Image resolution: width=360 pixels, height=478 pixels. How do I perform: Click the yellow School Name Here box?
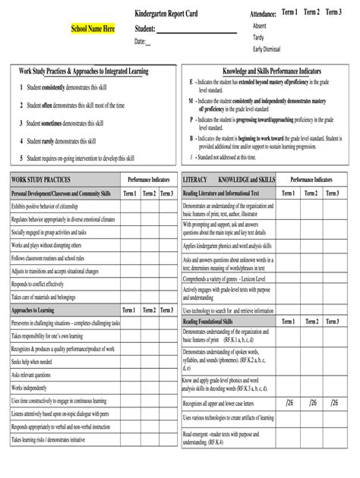coord(93,29)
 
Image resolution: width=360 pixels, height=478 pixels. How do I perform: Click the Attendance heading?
coord(263,15)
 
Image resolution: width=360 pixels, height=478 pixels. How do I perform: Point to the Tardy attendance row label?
coord(259,37)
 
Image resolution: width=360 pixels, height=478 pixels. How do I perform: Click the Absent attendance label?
coord(260,26)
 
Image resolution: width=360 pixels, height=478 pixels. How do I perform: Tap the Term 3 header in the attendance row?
coord(333,13)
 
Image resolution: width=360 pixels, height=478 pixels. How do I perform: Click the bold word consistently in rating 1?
coord(59,88)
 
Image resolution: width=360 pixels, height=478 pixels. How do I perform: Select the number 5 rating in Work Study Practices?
coord(21,158)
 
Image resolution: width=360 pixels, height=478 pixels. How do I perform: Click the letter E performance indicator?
coord(191,80)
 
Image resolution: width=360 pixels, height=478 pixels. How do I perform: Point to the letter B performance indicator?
coord(191,139)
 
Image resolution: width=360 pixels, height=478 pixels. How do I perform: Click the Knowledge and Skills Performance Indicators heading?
coord(271,70)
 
